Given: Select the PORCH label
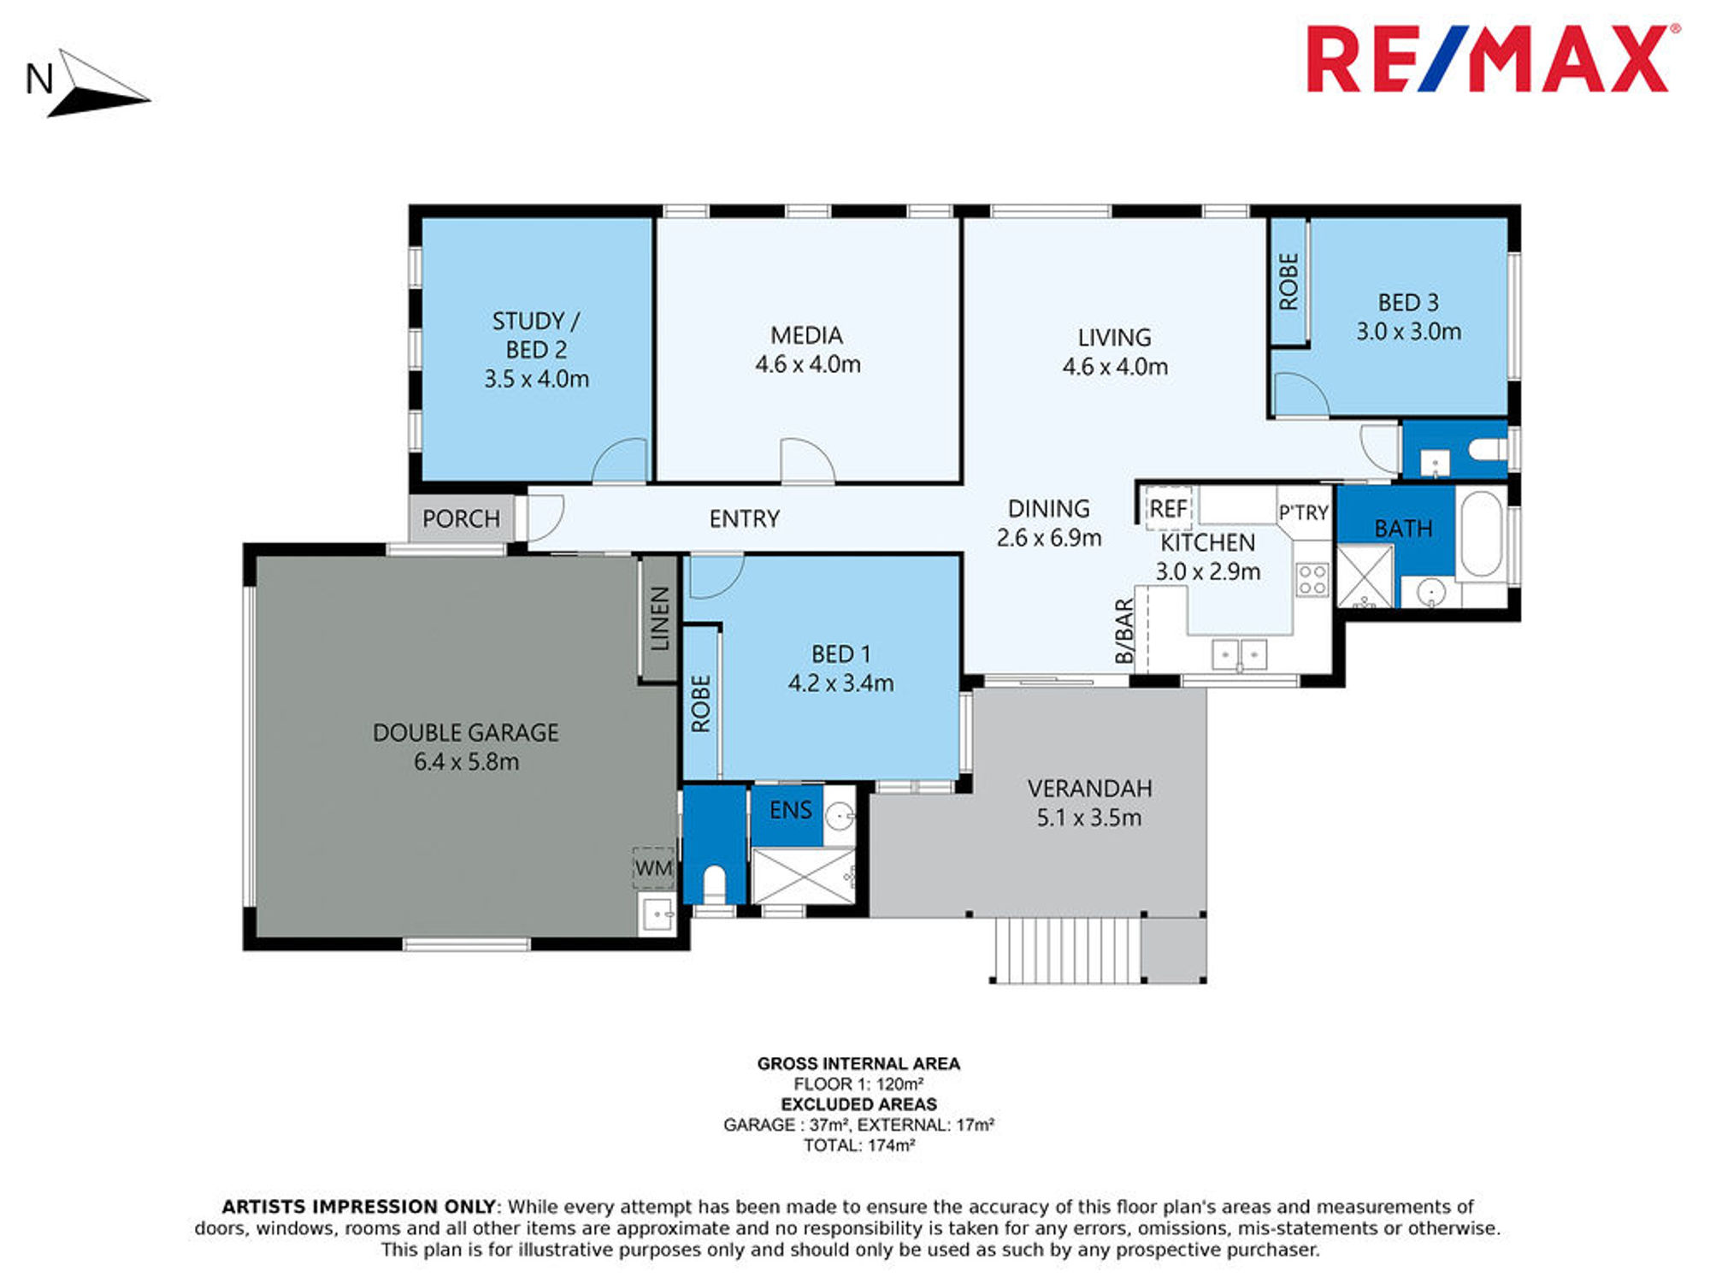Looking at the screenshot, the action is tap(461, 518).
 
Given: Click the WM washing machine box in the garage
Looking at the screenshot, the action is tap(653, 868).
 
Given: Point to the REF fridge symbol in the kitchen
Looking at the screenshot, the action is tap(1168, 508).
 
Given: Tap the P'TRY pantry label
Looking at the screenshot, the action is tap(1303, 512).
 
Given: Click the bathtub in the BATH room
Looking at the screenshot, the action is tap(1481, 534).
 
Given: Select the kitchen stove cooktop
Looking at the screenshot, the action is tap(1312, 579).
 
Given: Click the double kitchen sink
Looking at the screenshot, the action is tap(1239, 654).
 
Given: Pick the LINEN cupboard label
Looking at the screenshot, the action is tap(659, 618).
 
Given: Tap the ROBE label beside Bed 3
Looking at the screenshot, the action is tap(1288, 281).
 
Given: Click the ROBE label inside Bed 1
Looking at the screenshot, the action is tap(700, 703).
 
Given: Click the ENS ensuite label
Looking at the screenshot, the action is tap(790, 810).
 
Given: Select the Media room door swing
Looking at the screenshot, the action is tap(808, 460).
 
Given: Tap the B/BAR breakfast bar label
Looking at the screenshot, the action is tap(1124, 631).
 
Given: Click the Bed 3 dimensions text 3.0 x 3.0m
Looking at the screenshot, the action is tap(1408, 331).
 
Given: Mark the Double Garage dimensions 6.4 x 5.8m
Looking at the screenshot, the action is tap(466, 761).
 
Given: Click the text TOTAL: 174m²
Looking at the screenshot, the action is tap(859, 1145).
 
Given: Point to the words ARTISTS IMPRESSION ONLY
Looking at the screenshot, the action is tap(359, 1206).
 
